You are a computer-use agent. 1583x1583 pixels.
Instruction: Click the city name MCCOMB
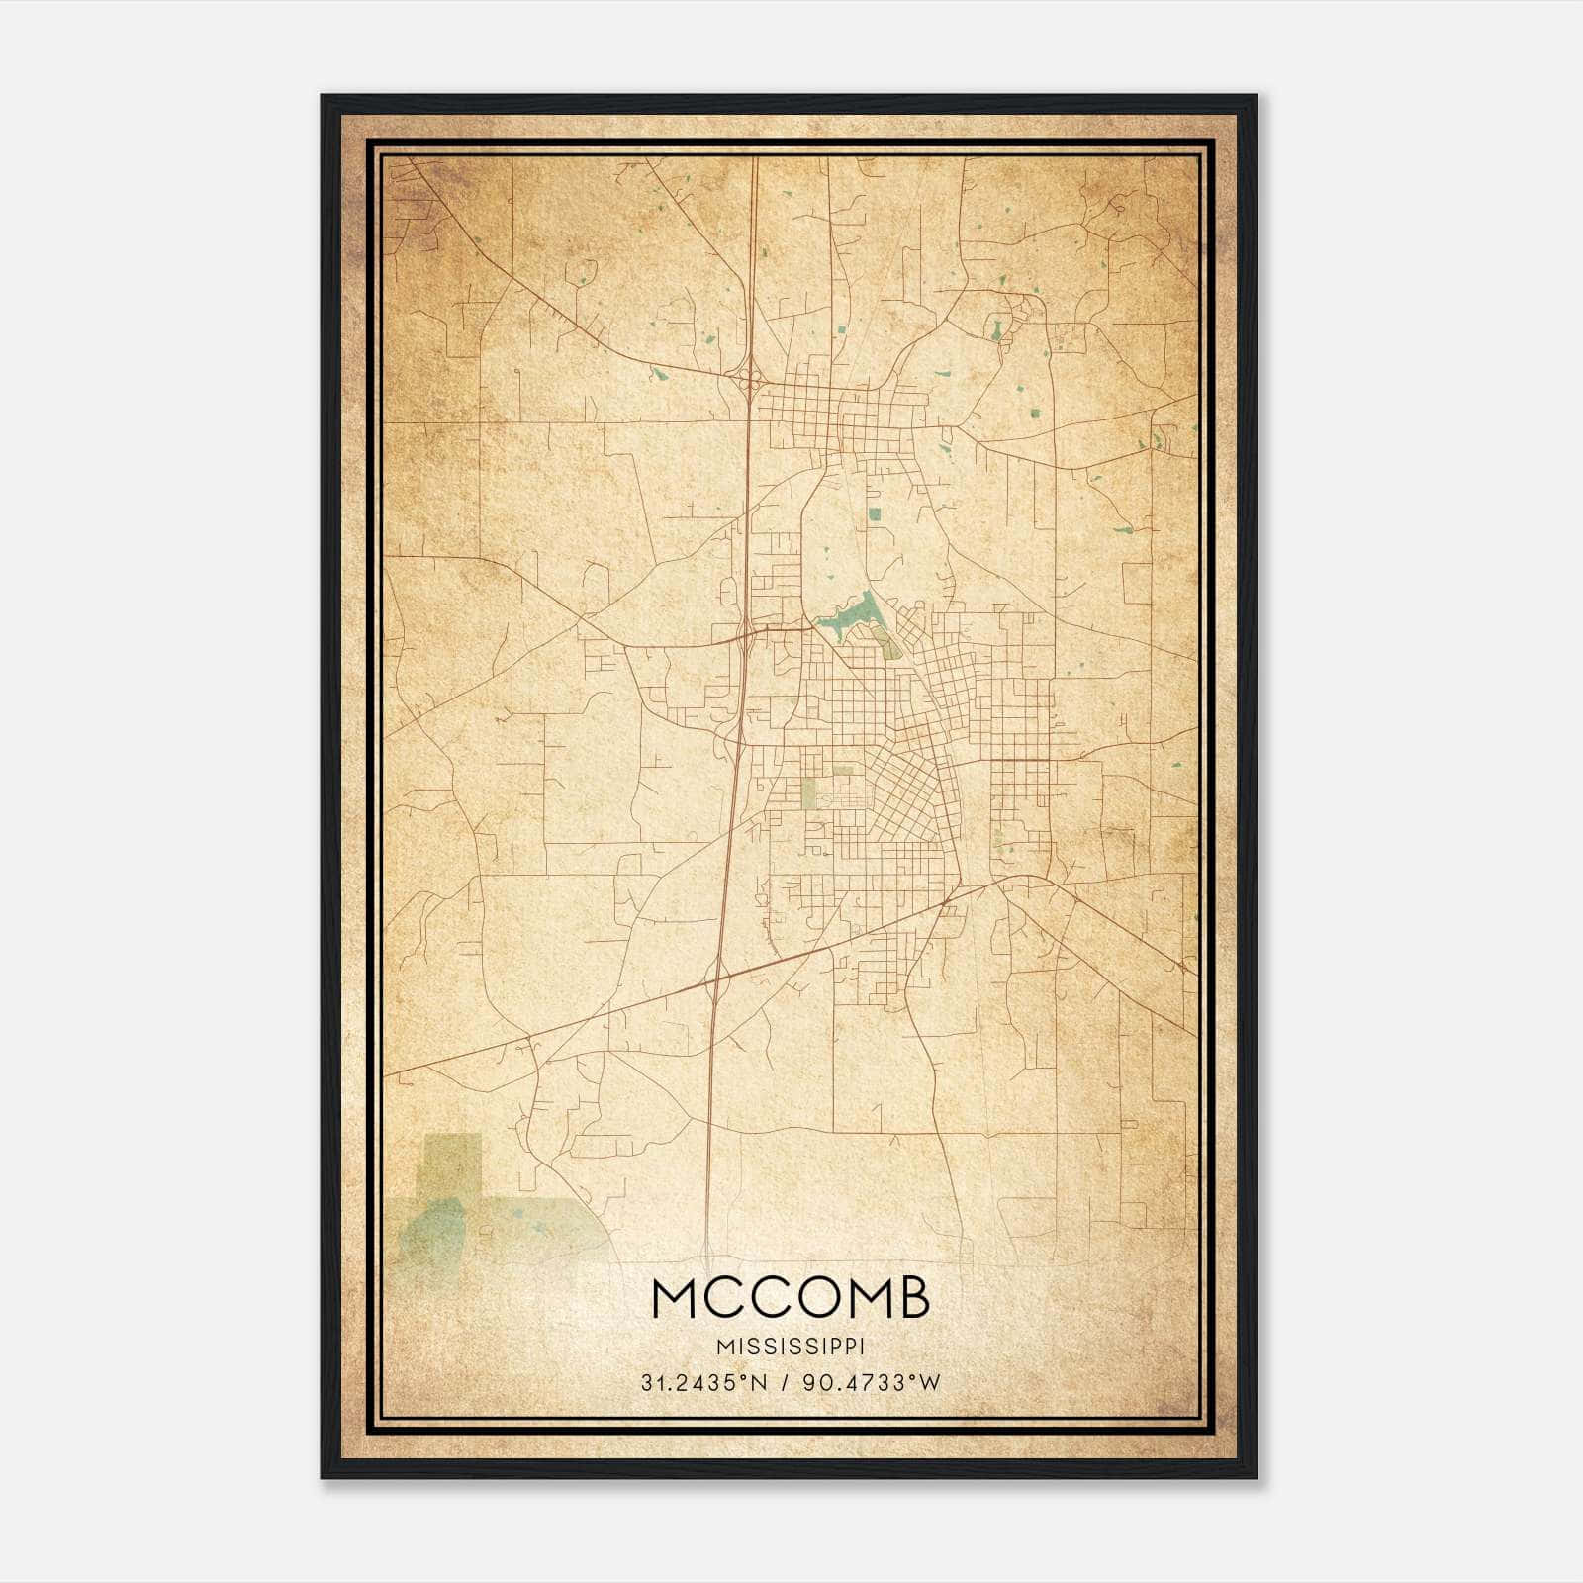tap(791, 1299)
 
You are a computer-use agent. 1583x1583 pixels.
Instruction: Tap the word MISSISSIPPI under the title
tap(791, 1347)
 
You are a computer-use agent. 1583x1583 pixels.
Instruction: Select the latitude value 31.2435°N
tap(702, 1383)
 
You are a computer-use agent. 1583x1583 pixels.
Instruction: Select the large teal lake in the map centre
tap(852, 619)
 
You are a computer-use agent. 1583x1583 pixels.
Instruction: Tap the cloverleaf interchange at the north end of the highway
tap(749, 377)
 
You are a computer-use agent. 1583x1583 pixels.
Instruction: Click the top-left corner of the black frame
tap(323, 96)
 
